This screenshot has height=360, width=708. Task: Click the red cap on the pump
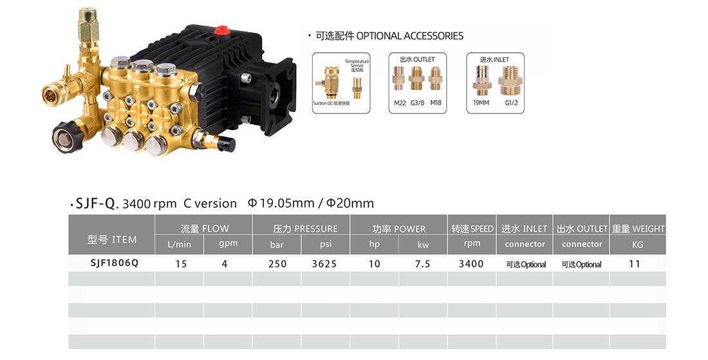(221, 31)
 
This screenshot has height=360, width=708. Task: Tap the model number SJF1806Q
(115, 263)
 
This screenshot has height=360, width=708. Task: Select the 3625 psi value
(324, 264)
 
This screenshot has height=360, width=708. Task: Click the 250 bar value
(277, 264)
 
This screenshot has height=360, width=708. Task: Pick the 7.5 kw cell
(423, 264)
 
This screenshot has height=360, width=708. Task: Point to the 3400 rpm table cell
(471, 264)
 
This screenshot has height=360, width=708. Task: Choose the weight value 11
(635, 264)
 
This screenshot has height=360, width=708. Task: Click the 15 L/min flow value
(181, 264)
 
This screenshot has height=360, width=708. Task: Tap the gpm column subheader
(228, 243)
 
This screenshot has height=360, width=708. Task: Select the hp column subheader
(375, 244)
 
